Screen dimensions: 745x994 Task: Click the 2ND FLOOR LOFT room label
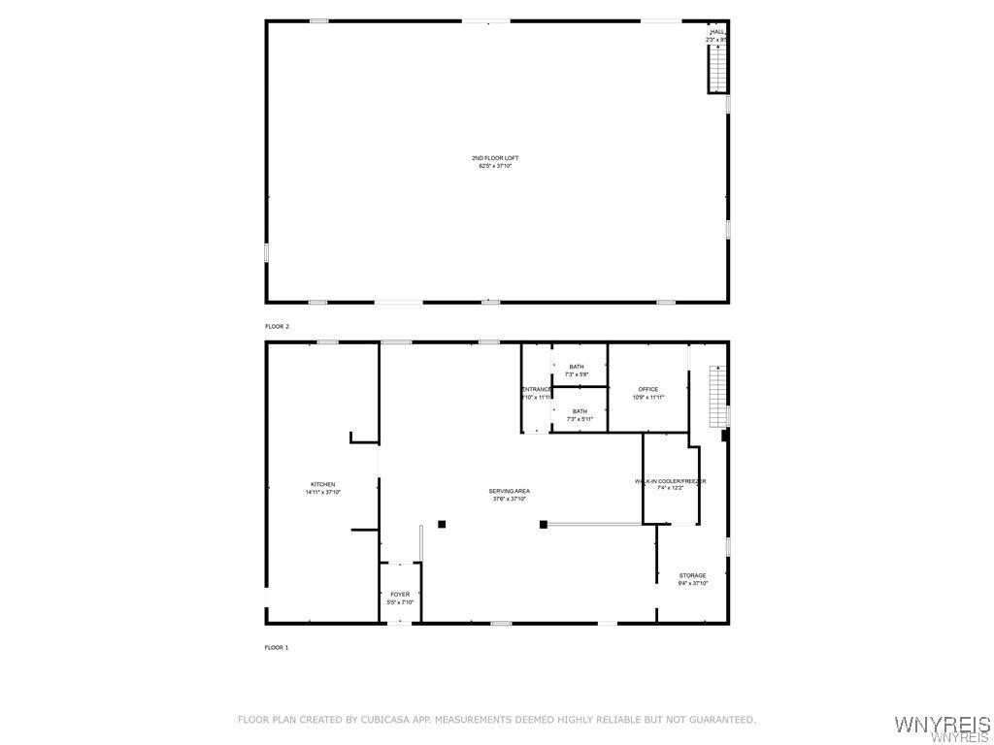pos(495,158)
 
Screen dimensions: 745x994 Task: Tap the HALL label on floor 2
pos(717,32)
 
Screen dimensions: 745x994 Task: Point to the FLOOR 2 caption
pos(278,327)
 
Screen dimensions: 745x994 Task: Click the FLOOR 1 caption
pos(278,647)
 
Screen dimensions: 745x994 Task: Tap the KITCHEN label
pos(323,484)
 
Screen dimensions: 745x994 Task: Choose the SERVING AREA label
pos(509,491)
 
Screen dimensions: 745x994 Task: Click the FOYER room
pos(400,595)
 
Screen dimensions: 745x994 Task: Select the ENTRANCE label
pos(537,390)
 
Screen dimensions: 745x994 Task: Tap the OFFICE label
pos(648,389)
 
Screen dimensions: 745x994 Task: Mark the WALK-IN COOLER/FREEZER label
pos(671,481)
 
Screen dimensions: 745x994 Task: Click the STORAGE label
pos(693,575)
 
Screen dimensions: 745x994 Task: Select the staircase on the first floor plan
pos(717,396)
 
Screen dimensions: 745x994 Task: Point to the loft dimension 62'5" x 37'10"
pos(495,166)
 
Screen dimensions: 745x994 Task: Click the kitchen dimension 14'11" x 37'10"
pos(323,493)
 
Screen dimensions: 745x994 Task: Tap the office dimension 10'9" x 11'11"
pos(648,398)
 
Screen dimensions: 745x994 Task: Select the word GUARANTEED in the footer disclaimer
pos(720,720)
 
